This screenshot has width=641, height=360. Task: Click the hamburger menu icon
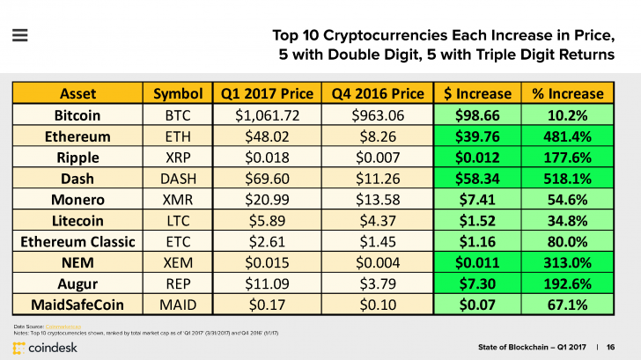pos(19,36)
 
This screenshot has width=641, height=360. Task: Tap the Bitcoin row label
pos(77,115)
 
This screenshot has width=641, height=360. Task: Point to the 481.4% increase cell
pos(563,136)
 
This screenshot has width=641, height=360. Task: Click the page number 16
pos(611,346)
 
